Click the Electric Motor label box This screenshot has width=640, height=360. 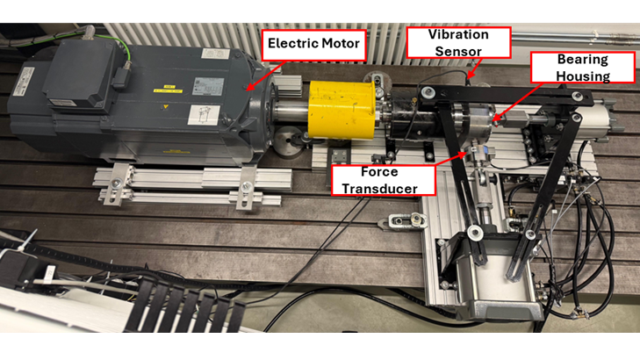(313, 46)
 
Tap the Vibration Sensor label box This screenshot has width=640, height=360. (458, 43)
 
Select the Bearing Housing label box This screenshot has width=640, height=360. (582, 68)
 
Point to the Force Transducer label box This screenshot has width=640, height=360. (383, 180)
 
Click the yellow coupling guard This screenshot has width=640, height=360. (341, 110)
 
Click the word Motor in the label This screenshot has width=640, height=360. (341, 43)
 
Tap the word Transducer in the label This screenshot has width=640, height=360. (379, 189)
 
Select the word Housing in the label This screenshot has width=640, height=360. (583, 76)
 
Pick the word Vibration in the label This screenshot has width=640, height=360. (458, 34)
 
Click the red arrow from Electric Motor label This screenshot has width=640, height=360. (266, 76)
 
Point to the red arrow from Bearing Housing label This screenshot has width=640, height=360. (517, 101)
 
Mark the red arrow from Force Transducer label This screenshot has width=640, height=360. (450, 159)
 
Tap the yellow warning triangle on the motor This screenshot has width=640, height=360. (165, 107)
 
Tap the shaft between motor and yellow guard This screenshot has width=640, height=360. (291, 111)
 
